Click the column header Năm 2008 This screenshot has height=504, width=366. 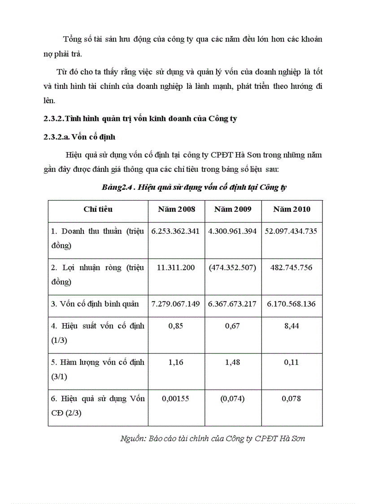point(176,209)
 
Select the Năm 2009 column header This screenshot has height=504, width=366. point(233,209)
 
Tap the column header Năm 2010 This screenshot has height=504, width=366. point(292,209)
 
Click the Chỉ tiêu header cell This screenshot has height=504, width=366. point(98,209)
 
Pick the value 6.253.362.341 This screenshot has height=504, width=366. point(176,232)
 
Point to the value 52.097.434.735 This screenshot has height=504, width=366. point(292,232)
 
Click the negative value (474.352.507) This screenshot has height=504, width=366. point(233,267)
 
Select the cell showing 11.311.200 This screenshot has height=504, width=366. point(176,267)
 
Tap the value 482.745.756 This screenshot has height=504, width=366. point(292,267)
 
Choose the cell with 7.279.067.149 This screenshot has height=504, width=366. point(176,304)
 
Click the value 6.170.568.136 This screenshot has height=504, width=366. point(292,304)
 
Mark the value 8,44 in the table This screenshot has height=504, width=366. point(292,326)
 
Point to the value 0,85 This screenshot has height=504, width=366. point(176,326)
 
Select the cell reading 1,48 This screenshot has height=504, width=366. point(233,362)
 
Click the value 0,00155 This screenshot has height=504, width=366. point(176,398)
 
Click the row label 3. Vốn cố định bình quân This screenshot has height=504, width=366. point(95,304)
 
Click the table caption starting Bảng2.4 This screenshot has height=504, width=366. point(194,188)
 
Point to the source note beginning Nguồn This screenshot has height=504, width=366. point(213,438)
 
